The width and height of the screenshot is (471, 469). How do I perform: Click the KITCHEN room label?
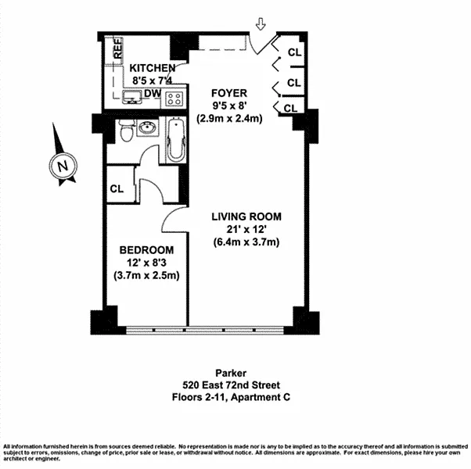[153, 68]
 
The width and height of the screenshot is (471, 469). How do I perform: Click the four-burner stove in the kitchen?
[174, 99]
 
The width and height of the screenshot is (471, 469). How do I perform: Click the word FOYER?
[228, 93]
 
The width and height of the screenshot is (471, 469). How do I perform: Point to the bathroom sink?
[147, 128]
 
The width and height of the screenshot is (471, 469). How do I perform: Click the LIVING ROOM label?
[246, 217]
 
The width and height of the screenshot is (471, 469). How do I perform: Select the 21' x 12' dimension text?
[246, 229]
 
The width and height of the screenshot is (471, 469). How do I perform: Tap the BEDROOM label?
[146, 249]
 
